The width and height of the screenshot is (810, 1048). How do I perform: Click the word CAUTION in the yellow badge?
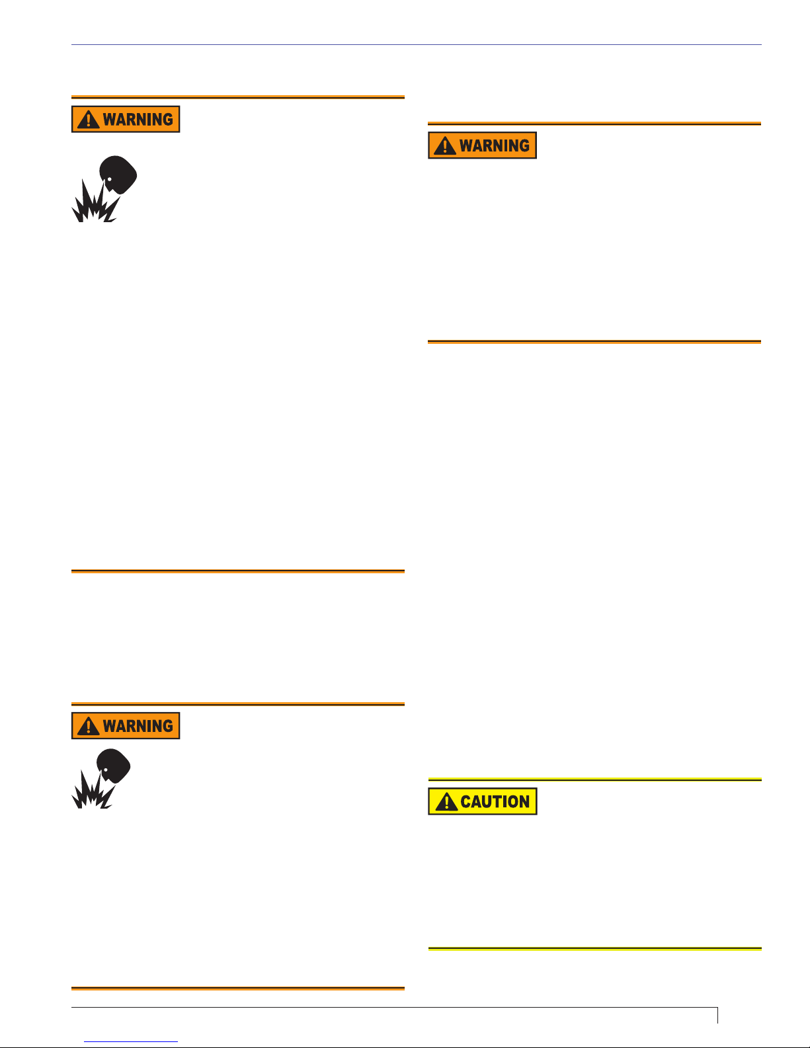pyautogui.click(x=495, y=802)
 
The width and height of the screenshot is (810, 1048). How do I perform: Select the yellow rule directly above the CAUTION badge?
pyautogui.click(x=594, y=780)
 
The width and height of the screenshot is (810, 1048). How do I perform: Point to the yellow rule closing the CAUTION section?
pyautogui.click(x=594, y=949)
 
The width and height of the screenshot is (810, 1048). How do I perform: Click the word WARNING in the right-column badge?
pyautogui.click(x=495, y=145)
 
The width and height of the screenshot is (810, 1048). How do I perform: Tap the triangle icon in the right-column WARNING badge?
pyautogui.click(x=445, y=145)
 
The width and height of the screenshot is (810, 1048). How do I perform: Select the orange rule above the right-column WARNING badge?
pyautogui.click(x=594, y=124)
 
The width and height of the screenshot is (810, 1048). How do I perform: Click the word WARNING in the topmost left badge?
pyautogui.click(x=138, y=120)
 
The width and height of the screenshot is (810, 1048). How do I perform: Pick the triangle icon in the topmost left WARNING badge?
pyautogui.click(x=88, y=120)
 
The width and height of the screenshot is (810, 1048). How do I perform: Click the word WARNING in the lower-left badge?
pyautogui.click(x=138, y=726)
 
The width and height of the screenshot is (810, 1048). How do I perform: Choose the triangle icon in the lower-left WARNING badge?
pyautogui.click(x=88, y=726)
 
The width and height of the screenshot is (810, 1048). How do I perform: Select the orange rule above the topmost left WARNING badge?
pyautogui.click(x=237, y=97)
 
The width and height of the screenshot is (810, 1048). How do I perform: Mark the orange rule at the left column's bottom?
pyautogui.click(x=237, y=988)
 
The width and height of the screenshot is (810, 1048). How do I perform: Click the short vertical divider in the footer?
pyautogui.click(x=717, y=1016)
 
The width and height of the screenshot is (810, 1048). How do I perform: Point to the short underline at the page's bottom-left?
pyautogui.click(x=131, y=1041)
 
